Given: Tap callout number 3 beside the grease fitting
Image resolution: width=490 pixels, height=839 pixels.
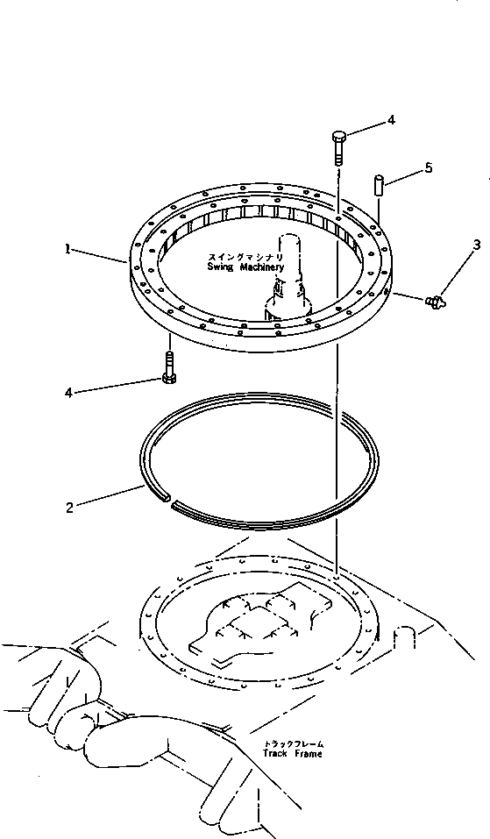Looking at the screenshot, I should pyautogui.click(x=476, y=245).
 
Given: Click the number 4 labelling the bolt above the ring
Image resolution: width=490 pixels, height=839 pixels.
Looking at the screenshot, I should pyautogui.click(x=391, y=119).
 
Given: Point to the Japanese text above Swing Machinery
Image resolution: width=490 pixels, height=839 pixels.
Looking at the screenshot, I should pyautogui.click(x=239, y=256).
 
